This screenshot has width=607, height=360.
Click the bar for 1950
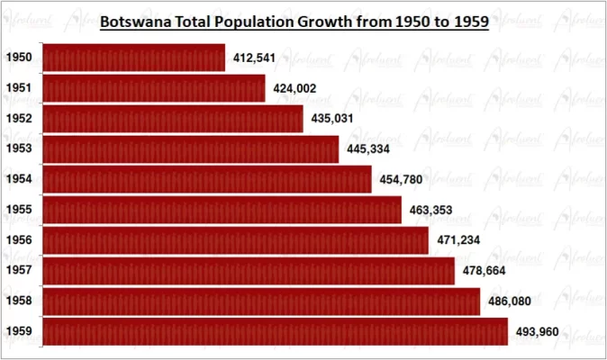coord(133,58)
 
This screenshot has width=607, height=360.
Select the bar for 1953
coord(190,148)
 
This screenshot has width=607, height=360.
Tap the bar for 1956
coord(235,240)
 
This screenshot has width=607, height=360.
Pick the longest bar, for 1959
coord(275,332)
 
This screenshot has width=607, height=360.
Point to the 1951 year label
coord(19,88)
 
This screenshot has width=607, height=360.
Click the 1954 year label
coord(19,179)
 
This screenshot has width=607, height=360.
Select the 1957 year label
coord(19,270)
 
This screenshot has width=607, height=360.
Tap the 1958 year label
coord(19,301)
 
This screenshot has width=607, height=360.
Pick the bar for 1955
coord(222,210)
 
